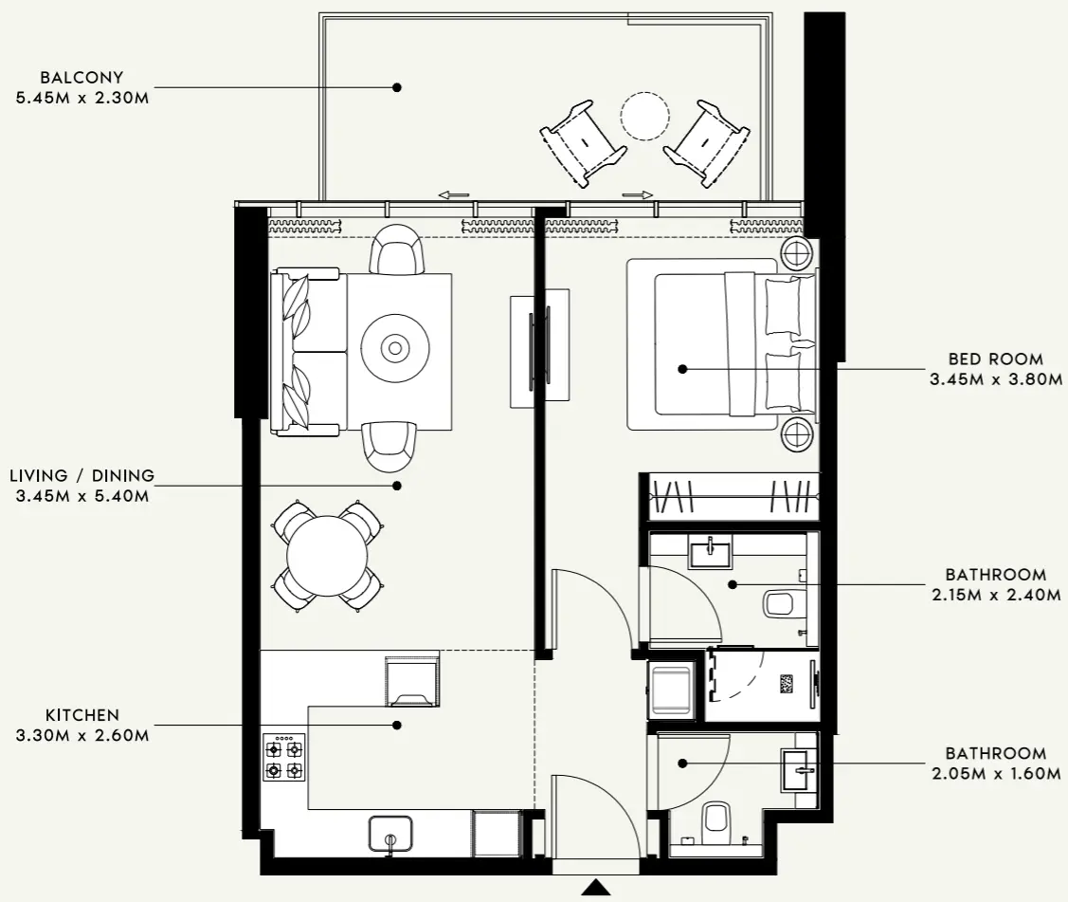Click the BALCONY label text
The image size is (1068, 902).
click(x=81, y=77)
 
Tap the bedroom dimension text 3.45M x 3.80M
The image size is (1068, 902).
click(x=995, y=378)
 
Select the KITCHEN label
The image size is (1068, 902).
click(x=81, y=715)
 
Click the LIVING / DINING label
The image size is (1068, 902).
click(x=81, y=475)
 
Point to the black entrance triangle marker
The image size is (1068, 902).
click(x=595, y=888)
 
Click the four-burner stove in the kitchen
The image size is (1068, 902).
click(x=283, y=758)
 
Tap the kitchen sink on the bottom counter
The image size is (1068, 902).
click(x=389, y=833)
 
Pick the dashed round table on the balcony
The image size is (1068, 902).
click(x=644, y=116)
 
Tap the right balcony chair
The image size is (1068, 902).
click(x=708, y=141)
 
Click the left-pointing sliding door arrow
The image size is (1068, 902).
click(x=454, y=195)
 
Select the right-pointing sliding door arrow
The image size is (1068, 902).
click(x=639, y=195)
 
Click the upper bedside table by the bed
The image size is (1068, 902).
click(x=796, y=253)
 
